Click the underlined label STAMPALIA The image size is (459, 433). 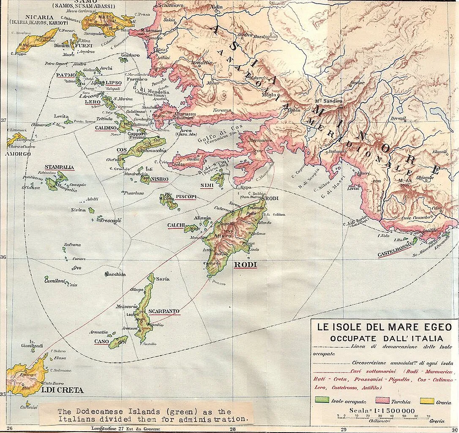click(59, 167)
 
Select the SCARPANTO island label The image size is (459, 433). click(164, 311)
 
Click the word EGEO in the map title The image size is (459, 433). click(429, 327)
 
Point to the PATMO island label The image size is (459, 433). click(66, 75)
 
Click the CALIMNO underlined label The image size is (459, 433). click(106, 128)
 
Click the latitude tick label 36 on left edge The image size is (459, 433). click(3, 257)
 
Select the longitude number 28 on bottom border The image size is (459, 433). click(232, 428)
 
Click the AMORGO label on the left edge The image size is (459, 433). click(18, 154)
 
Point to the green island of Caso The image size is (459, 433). click(118, 341)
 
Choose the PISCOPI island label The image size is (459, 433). click(186, 197)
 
